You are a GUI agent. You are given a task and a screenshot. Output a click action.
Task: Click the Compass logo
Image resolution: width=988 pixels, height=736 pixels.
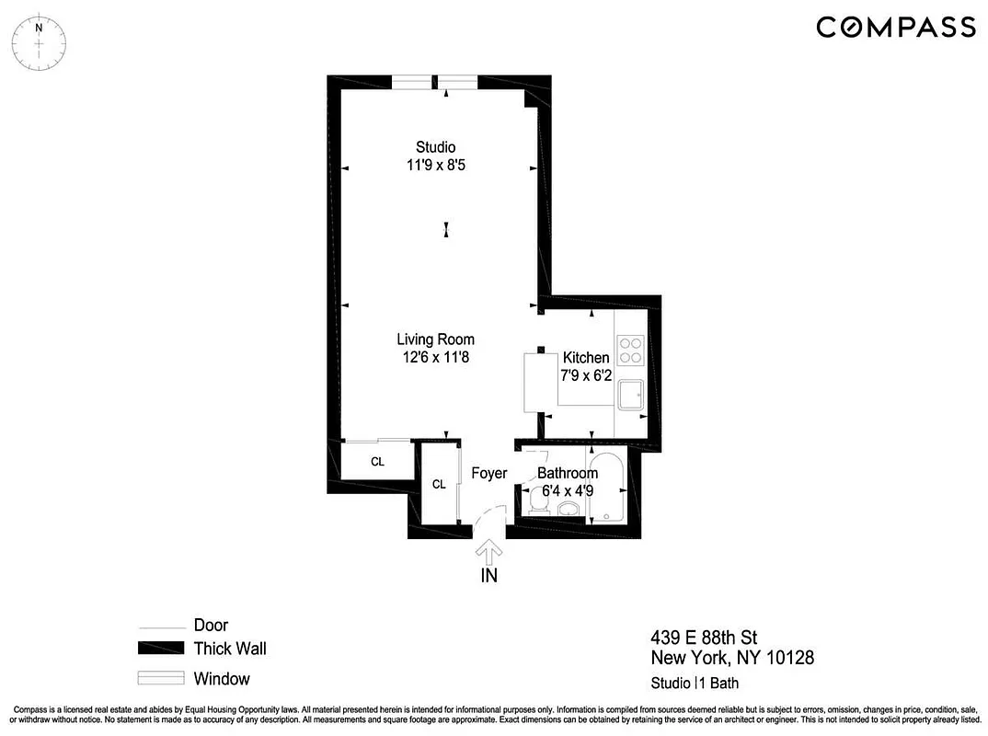(895, 27)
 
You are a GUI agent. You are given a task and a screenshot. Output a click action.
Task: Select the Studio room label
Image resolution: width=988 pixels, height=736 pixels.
(435, 147)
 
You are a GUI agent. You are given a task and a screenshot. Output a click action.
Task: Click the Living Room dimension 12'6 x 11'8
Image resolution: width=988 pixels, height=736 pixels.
(435, 357)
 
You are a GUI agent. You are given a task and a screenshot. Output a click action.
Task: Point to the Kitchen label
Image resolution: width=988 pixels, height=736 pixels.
(586, 358)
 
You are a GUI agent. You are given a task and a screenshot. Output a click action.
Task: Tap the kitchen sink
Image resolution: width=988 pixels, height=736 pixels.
(631, 397)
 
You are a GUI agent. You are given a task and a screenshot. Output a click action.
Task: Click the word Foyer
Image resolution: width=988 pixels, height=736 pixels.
(488, 473)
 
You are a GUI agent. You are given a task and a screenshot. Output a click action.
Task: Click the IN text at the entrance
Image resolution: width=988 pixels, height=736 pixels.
(488, 577)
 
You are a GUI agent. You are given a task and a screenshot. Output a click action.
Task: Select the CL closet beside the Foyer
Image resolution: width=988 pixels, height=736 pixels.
(439, 484)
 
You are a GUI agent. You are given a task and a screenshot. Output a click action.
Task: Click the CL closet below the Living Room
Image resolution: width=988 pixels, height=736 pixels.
(377, 462)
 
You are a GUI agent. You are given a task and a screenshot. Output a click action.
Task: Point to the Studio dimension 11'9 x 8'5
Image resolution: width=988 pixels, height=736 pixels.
(435, 166)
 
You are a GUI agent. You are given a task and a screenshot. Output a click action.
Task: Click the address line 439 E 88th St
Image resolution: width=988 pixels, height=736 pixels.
(704, 638)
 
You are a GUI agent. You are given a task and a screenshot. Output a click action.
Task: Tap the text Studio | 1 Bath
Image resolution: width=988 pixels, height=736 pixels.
(695, 683)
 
